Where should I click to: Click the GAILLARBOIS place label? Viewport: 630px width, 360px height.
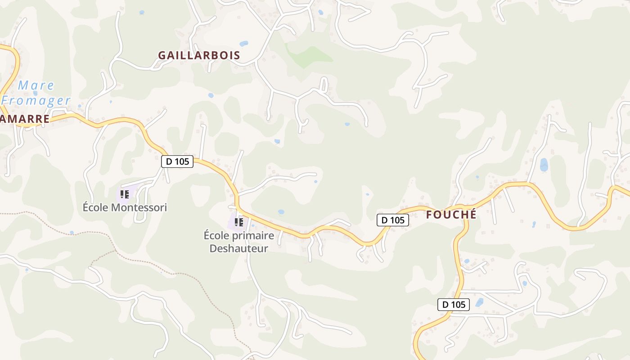pyautogui.click(x=199, y=55)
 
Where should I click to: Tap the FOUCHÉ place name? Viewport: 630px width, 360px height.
pyautogui.click(x=451, y=215)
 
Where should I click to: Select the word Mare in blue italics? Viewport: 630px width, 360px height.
pyautogui.click(x=36, y=85)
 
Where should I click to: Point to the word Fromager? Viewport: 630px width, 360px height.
pyautogui.click(x=36, y=100)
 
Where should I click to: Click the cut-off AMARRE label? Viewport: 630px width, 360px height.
pyautogui.click(x=25, y=119)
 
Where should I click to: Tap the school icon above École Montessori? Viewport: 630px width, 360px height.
pyautogui.click(x=125, y=194)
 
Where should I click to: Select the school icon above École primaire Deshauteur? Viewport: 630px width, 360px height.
pyautogui.click(x=239, y=222)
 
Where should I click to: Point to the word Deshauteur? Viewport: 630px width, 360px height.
pyautogui.click(x=238, y=248)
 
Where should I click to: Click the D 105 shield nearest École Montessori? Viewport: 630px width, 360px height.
pyautogui.click(x=177, y=161)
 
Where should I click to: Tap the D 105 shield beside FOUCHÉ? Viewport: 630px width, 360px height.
pyautogui.click(x=393, y=220)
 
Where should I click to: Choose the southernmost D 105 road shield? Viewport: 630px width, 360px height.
pyautogui.click(x=454, y=305)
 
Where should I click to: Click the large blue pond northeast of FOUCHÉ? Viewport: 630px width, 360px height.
pyautogui.click(x=544, y=165)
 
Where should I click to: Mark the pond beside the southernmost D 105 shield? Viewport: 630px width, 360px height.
pyautogui.click(x=479, y=302)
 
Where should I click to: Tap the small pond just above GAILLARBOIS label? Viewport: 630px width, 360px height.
pyautogui.click(x=243, y=44)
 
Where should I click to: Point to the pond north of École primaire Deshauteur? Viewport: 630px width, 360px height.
pyautogui.click(x=281, y=211)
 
